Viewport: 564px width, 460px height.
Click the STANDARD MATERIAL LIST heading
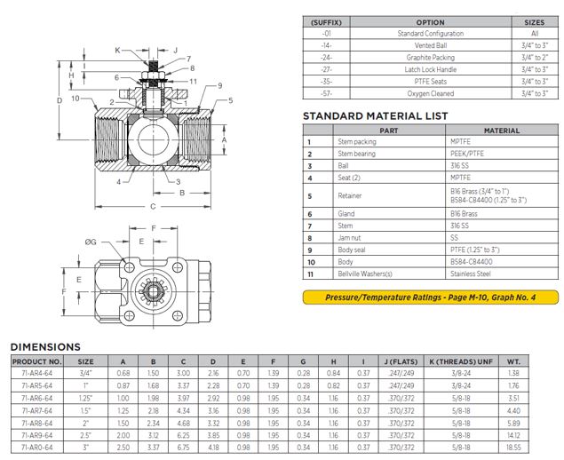pos(375,115)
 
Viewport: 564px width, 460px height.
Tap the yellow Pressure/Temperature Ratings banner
pos(430,297)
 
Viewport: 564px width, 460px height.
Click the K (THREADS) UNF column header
pos(461,361)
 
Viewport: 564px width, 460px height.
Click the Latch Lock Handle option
pos(431,68)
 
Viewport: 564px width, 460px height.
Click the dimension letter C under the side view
pos(152,207)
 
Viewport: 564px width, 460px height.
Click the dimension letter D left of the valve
pos(60,101)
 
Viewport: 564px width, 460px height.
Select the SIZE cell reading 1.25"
pos(86,400)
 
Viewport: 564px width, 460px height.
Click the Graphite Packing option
pos(431,57)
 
